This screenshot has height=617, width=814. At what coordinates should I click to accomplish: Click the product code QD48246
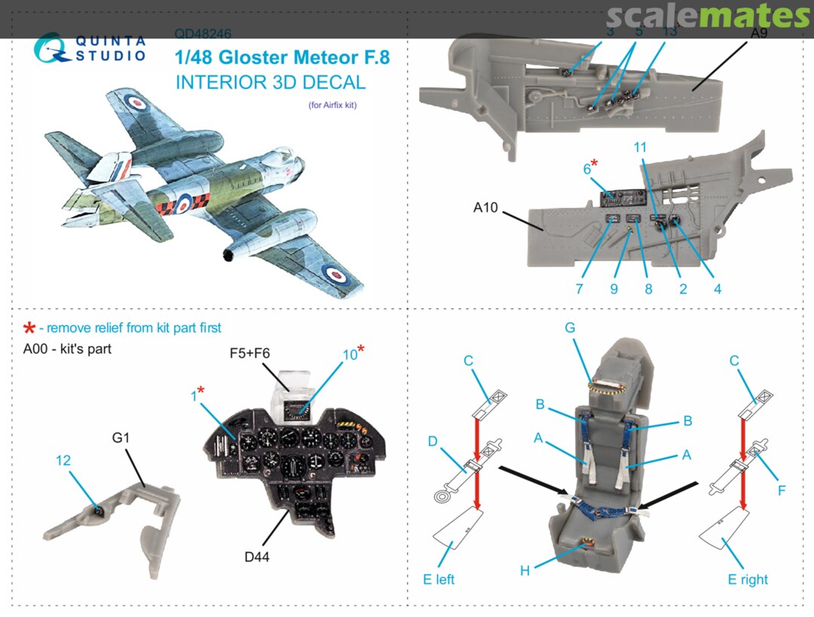(203, 34)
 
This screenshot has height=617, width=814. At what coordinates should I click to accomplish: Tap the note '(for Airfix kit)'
(332, 105)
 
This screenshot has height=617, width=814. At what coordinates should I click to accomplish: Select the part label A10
(485, 207)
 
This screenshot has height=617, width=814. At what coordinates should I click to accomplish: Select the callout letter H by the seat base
(525, 570)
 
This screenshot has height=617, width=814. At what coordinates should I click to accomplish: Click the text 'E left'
(439, 579)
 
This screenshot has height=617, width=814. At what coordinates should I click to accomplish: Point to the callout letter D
(433, 441)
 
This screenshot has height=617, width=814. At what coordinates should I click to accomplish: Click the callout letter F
(782, 490)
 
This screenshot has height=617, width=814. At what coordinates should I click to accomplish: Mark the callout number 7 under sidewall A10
(579, 289)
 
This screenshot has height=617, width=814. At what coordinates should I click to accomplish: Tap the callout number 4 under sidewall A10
(718, 289)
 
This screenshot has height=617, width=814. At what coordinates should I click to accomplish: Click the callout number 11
(641, 148)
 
